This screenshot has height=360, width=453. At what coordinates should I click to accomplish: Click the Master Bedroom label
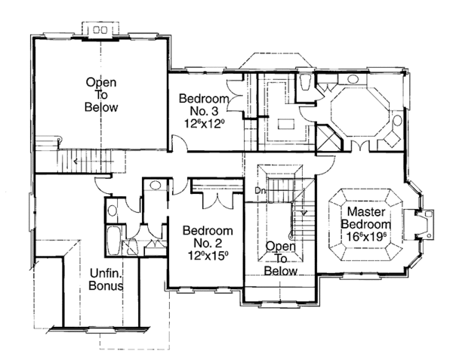click(x=366, y=218)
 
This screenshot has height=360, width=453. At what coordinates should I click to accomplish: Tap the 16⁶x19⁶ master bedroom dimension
click(x=366, y=237)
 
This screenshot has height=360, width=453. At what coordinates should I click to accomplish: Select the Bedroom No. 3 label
click(x=204, y=104)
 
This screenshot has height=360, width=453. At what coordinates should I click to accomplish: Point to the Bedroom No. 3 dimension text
click(x=205, y=124)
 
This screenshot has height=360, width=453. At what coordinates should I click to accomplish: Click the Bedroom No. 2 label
click(x=208, y=237)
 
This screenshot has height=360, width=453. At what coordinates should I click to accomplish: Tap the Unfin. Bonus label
click(x=106, y=279)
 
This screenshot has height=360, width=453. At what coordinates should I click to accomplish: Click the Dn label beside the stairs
click(x=259, y=190)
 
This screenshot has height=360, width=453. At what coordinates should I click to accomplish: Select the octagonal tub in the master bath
click(x=360, y=112)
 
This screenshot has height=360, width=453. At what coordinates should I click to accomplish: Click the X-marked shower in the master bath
click(x=328, y=137)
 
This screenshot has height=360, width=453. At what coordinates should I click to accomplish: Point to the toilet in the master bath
click(x=305, y=82)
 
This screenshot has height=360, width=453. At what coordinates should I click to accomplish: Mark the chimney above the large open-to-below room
click(x=100, y=29)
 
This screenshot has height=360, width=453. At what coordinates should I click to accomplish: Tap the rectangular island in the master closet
click(x=286, y=125)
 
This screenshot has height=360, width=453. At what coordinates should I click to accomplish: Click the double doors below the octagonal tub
click(x=360, y=146)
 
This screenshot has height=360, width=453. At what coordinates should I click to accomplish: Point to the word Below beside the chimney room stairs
click(x=101, y=107)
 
